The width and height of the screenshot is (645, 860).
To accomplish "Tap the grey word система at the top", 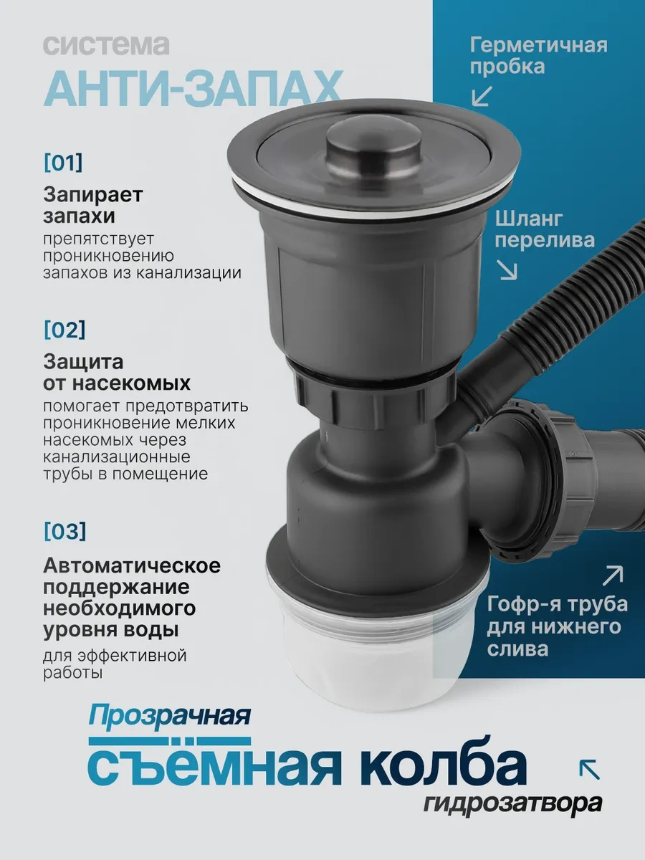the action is point(106,45).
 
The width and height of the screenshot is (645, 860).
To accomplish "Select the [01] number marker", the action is point(64,163).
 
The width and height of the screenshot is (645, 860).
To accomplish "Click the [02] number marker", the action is point(64,330).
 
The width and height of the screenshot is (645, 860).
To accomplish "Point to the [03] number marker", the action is point(65,531).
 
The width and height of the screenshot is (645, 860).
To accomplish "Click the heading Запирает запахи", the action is point(93,205).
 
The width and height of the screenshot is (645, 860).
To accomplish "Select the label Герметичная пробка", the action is point(539,56).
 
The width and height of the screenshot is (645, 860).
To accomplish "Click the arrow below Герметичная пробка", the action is point(482,96).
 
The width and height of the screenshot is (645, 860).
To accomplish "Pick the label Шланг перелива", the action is point(545,230).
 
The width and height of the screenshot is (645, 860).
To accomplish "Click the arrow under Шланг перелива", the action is point(507,270).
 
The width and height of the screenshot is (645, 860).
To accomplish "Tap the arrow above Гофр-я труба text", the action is point(613,575).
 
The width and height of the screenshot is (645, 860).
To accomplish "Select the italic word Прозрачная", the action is point(169,717).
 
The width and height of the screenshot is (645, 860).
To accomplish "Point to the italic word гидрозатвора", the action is point(513,803).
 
